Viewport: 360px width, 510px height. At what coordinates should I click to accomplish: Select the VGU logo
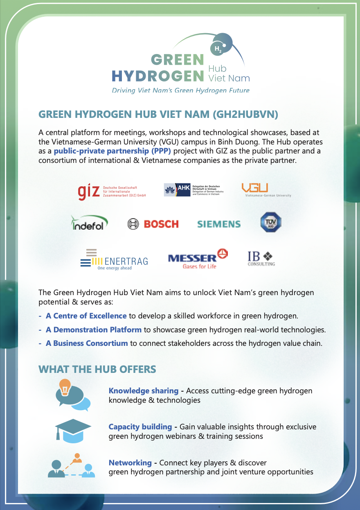coord(266,190)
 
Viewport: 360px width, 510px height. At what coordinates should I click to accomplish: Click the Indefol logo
coord(90,223)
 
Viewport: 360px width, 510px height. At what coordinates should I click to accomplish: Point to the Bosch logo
coord(153,224)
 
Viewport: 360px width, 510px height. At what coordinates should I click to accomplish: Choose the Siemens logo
coord(219,224)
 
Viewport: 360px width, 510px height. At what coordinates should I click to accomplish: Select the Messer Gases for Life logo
coord(198,259)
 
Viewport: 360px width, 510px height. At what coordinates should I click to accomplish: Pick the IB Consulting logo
coord(261,258)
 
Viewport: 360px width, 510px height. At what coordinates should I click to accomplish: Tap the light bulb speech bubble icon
coord(72,395)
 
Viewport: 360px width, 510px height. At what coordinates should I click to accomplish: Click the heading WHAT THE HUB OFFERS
coord(97,369)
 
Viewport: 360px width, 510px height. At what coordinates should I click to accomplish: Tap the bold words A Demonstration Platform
coord(94,329)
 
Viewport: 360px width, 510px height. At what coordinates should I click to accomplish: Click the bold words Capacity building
coord(140,427)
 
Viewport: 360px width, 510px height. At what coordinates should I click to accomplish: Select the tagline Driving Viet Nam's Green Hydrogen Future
coord(180,90)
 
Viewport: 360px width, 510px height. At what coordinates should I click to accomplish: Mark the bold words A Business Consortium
coord(87,343)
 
